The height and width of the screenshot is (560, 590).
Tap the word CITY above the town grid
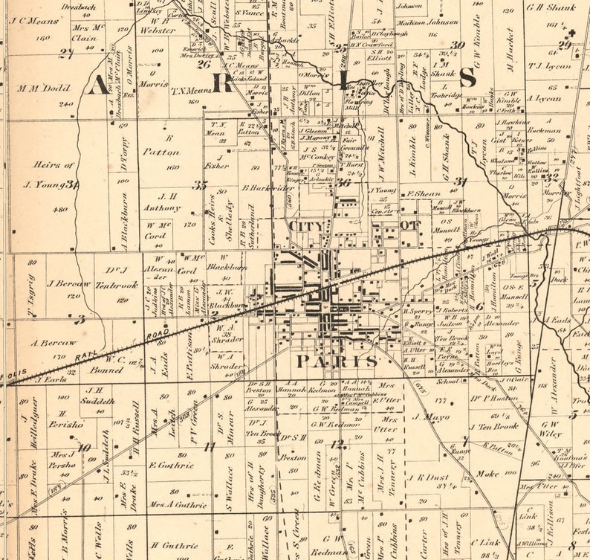pos(304,225)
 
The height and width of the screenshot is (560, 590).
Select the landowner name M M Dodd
pos(44,88)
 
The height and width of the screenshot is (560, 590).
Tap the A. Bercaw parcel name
pos(54,343)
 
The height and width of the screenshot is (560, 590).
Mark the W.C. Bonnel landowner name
pos(106,364)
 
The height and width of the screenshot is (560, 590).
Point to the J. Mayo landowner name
pos(430,417)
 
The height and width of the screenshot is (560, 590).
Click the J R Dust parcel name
pos(426,477)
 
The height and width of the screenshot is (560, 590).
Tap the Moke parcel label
pos(487,472)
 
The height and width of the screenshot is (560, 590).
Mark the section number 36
pos(343,181)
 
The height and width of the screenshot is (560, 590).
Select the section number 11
pos(210,446)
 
